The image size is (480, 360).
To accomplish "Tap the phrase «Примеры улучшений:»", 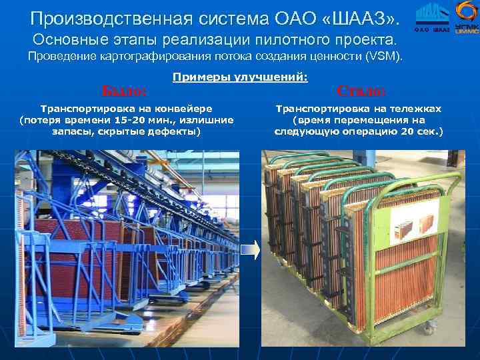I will pos(240,77).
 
